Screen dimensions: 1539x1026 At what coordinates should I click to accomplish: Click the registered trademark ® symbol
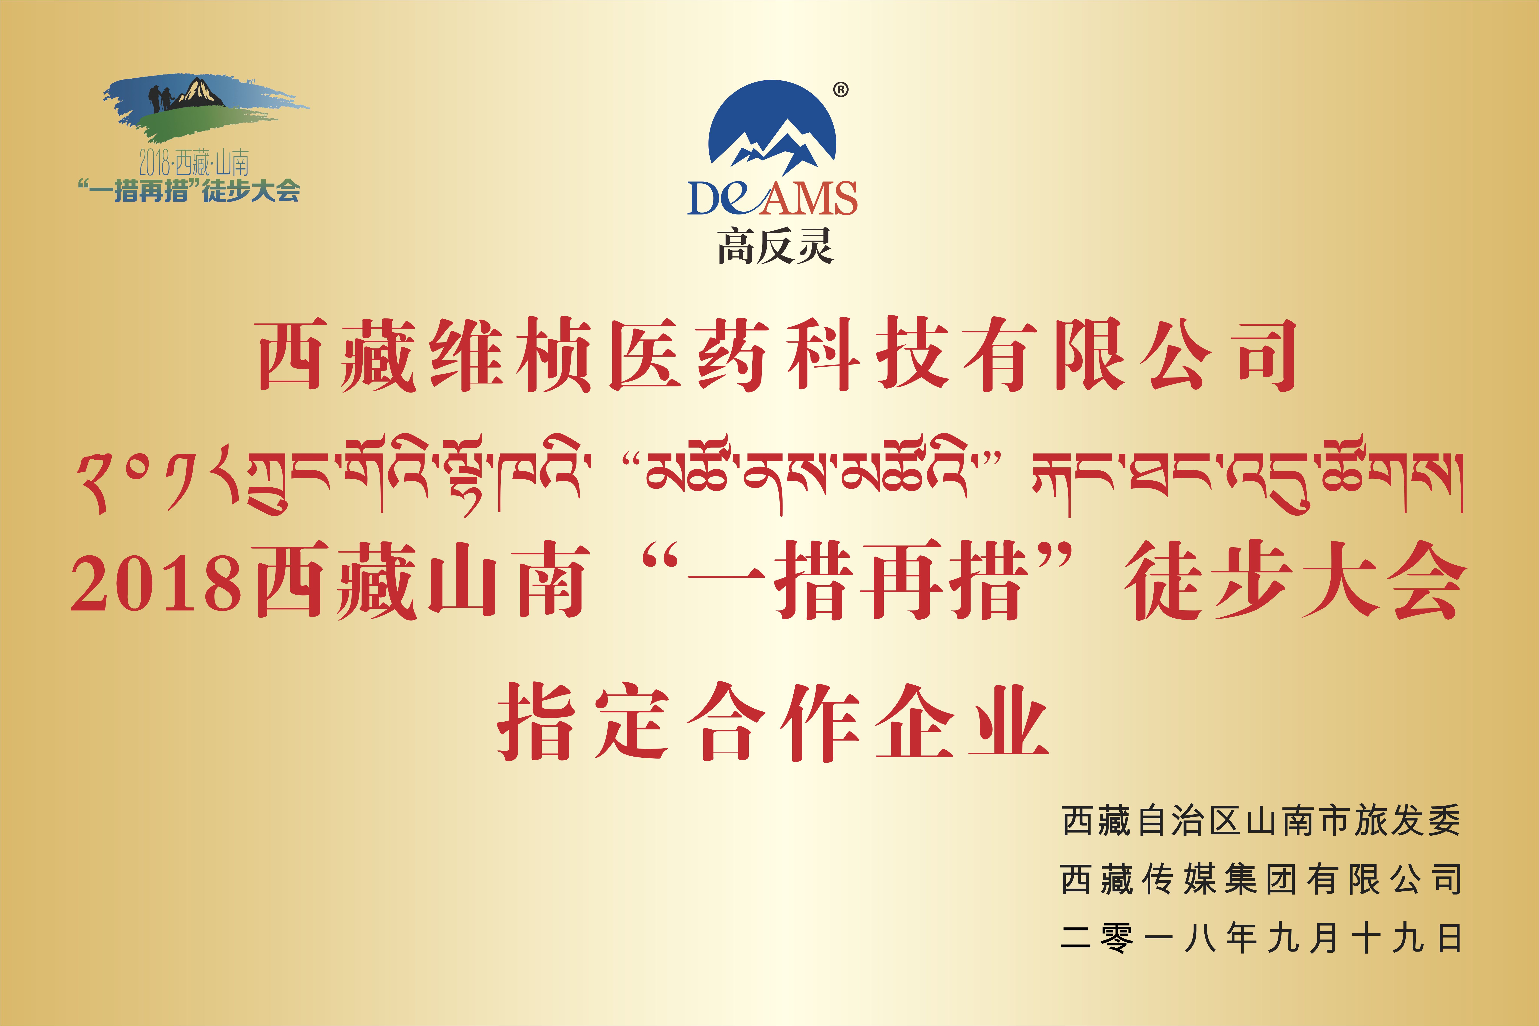click(841, 90)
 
